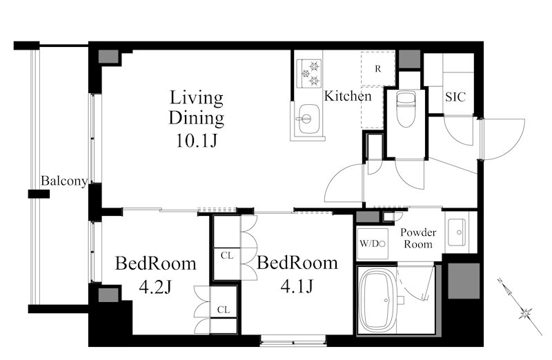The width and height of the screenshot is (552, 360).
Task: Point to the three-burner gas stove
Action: tap(309, 74)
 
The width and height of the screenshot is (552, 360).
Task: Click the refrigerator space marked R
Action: tap(378, 69)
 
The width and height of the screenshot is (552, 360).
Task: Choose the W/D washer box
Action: tap(373, 243)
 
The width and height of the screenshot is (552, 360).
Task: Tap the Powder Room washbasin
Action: tap(457, 232)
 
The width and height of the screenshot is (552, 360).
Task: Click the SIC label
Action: tap(455, 97)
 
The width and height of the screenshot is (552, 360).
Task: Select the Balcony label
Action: tap(64, 181)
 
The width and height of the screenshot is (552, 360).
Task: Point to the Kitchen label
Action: tap(348, 96)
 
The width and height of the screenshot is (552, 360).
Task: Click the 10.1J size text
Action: tap(197, 141)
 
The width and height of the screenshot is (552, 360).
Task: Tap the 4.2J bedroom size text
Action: tap(155, 287)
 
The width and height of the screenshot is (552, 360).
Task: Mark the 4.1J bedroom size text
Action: tap(297, 286)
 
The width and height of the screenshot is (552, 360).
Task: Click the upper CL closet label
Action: tap(227, 255)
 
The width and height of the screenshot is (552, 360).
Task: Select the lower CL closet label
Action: tap(224, 310)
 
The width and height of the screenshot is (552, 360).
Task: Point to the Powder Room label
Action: tap(418, 238)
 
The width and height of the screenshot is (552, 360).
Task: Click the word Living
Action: tap(197, 98)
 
